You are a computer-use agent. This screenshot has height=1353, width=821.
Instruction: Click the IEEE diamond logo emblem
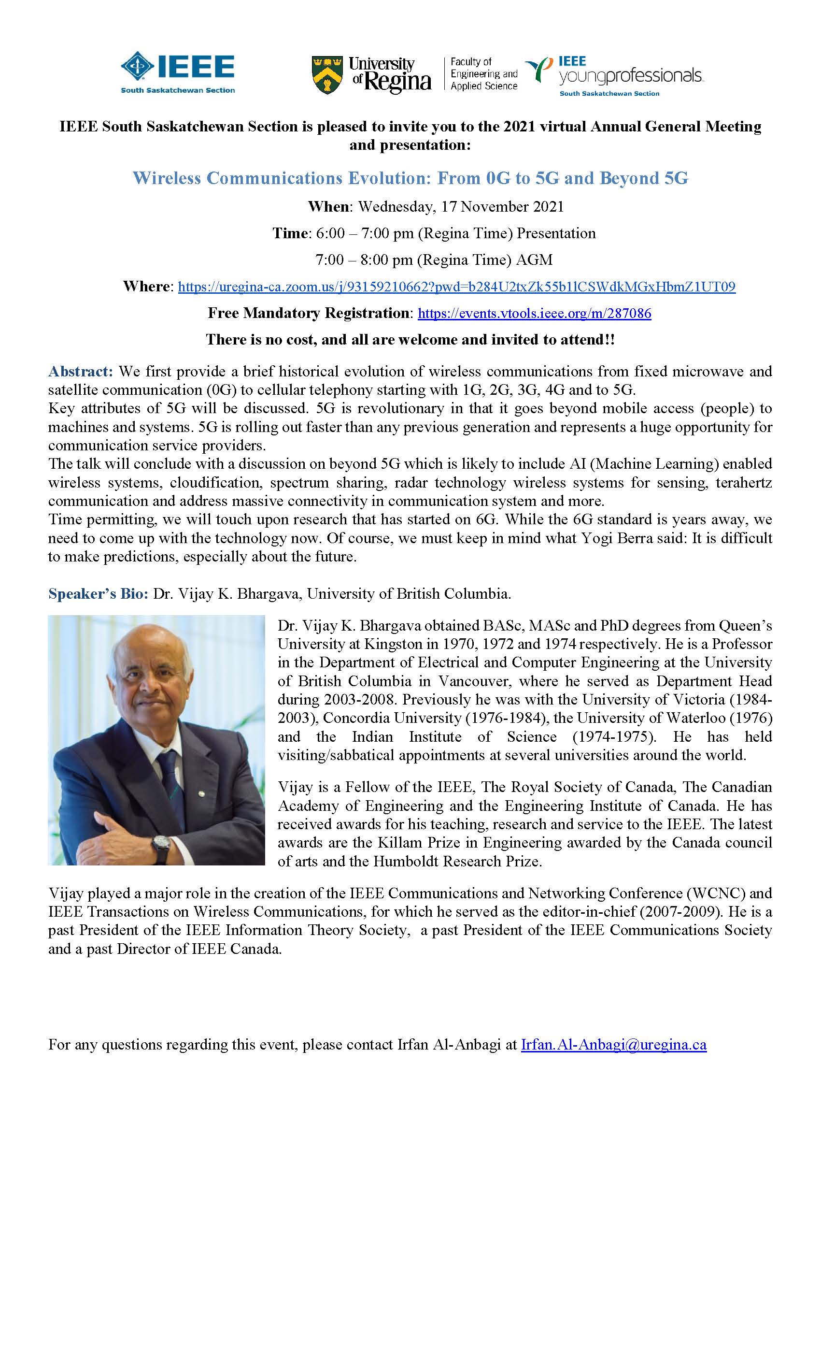point(137,68)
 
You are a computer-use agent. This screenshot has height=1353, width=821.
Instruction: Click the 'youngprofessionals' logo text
point(631,76)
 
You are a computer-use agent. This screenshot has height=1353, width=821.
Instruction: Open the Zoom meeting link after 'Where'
point(456,287)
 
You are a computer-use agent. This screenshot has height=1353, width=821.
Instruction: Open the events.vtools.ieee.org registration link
point(535,314)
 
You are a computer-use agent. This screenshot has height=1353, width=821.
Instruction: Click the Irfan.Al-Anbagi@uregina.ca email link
point(613,1044)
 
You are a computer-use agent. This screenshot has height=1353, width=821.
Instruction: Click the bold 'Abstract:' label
point(81,372)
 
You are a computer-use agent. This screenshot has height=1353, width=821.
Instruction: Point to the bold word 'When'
point(329,206)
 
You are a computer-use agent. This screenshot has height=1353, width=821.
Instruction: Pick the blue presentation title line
point(410,178)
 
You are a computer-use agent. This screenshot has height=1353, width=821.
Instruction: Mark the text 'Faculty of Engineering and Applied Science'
point(483,74)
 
